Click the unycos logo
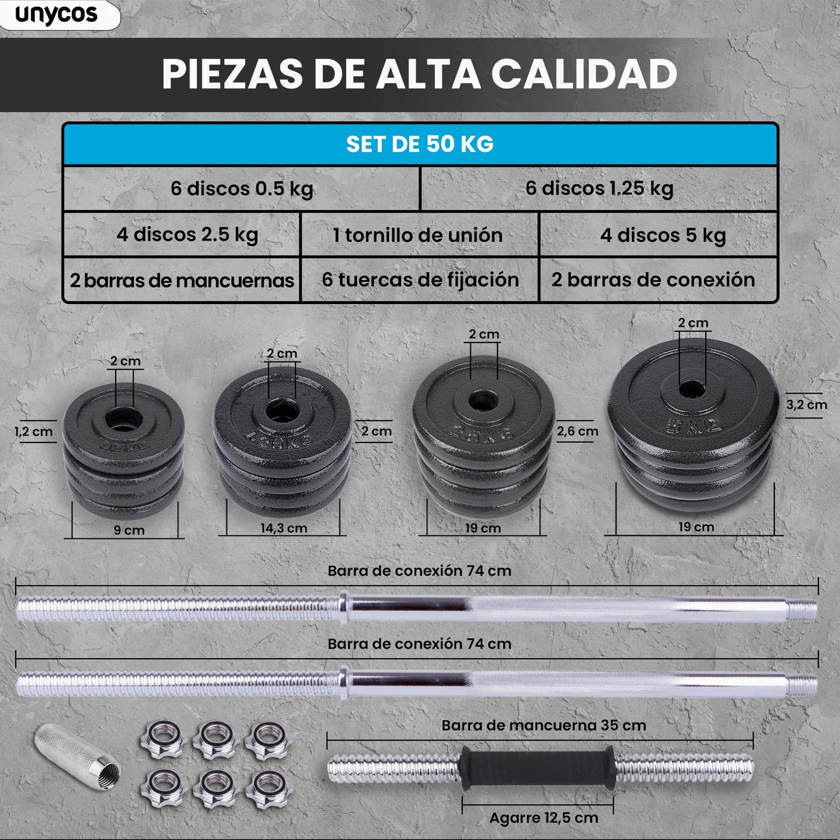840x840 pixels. (x=56, y=15)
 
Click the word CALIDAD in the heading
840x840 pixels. (x=584, y=74)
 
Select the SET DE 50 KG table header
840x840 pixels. (x=420, y=144)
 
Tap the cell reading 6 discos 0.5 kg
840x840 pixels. (x=241, y=189)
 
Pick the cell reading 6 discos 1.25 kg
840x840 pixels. (x=599, y=189)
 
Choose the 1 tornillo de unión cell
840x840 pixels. (x=418, y=235)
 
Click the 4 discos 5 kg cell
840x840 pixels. (x=663, y=235)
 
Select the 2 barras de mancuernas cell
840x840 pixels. (x=182, y=280)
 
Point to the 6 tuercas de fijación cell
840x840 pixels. (x=420, y=280)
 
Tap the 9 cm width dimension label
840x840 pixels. (x=129, y=530)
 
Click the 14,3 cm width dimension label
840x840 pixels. (x=284, y=528)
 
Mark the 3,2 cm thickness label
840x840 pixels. (x=806, y=405)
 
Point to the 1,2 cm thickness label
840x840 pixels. (x=33, y=432)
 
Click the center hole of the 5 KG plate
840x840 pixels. (x=691, y=389)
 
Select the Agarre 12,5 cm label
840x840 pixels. (x=544, y=818)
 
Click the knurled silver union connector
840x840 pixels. (x=77, y=754)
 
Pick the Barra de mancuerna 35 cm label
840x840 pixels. (x=544, y=725)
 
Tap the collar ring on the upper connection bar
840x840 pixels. (x=344, y=608)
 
